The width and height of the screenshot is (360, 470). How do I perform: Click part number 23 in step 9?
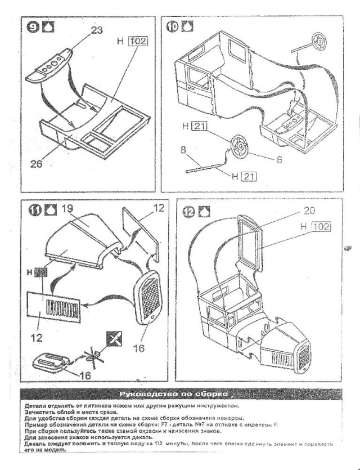click(97, 30)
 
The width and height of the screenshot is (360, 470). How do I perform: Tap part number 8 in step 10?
click(183, 151)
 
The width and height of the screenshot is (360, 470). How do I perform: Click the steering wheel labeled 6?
click(240, 147)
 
